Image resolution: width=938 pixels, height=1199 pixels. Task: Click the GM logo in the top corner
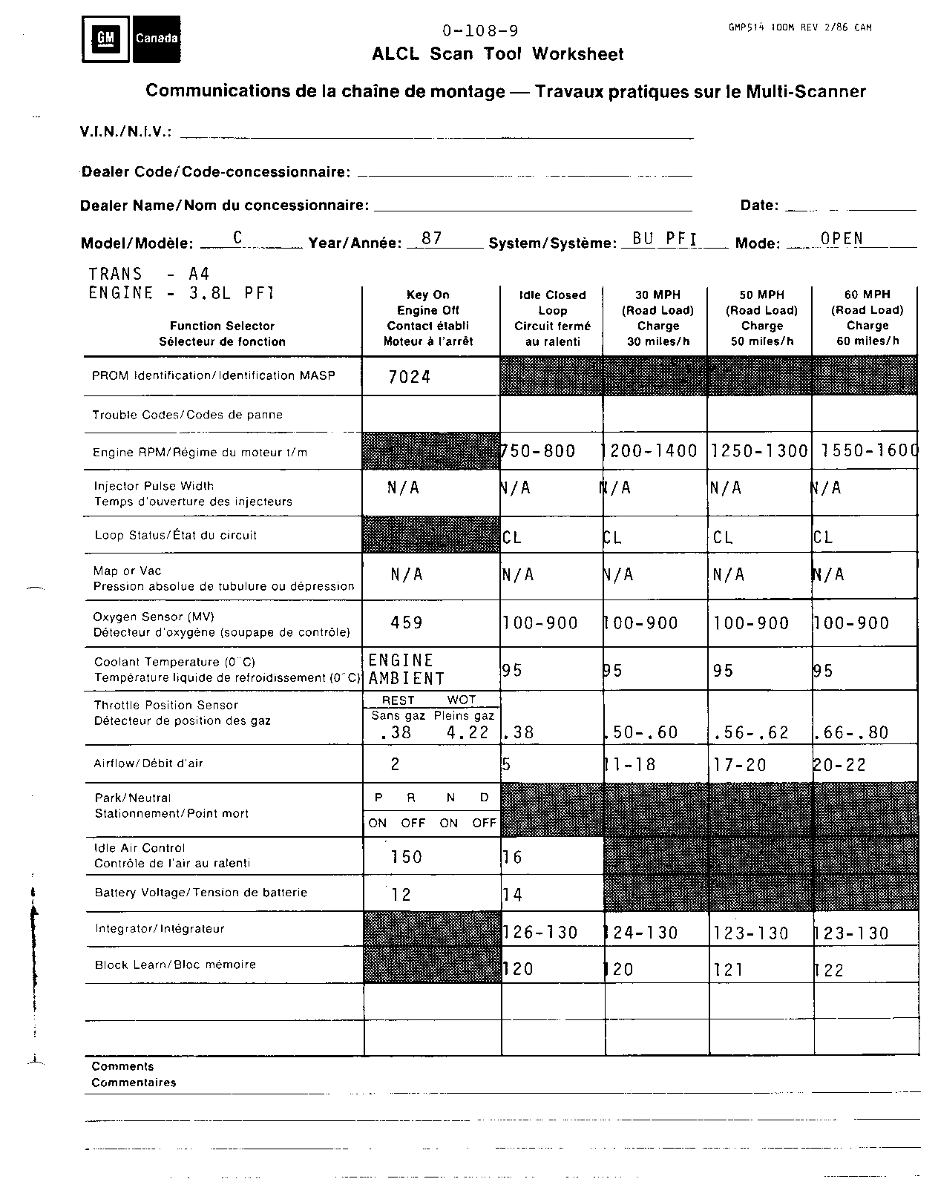click(x=106, y=39)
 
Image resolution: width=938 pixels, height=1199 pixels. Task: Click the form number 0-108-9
click(x=480, y=30)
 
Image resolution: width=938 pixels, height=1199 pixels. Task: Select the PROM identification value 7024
click(x=409, y=377)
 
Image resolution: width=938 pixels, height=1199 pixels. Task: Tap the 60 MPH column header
click(x=867, y=318)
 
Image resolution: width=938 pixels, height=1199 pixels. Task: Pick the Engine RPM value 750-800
click(x=539, y=451)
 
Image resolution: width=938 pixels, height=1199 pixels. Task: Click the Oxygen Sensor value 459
click(x=407, y=622)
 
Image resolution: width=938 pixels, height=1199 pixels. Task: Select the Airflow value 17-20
click(x=739, y=765)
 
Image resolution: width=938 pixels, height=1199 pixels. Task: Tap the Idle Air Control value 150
click(x=406, y=857)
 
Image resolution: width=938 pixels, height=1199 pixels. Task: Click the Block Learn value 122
click(x=829, y=970)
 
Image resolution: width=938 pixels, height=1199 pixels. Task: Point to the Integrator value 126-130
click(x=540, y=933)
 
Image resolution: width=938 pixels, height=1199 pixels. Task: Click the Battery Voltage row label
click(x=201, y=893)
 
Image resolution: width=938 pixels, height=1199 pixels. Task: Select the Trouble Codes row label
click(x=187, y=415)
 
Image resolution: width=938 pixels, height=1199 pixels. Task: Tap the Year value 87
click(x=431, y=238)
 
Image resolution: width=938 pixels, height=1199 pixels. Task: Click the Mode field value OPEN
click(x=842, y=238)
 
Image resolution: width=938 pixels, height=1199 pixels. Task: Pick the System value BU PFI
click(x=665, y=238)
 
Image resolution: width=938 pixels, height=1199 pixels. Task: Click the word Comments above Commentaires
click(x=122, y=1066)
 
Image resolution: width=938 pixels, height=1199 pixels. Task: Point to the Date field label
click(x=759, y=206)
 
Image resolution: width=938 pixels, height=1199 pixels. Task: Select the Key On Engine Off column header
click(x=428, y=318)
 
